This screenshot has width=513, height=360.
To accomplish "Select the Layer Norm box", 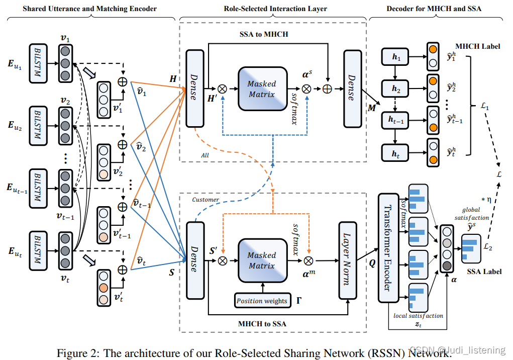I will coord(346,260).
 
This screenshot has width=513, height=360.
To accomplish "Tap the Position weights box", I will coord(262,301).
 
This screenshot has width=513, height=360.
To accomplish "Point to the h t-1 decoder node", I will coord(396,120).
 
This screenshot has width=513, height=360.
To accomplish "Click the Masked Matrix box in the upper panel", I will coord(262,89).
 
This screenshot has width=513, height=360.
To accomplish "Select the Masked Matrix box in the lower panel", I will coord(262,260).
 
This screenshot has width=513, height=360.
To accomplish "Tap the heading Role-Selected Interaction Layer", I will coord(275,9).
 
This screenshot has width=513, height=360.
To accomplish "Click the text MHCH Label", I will coord(477,46).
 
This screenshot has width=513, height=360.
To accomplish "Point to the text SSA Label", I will coord(484,271).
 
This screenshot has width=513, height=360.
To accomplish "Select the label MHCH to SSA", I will coord(262,324).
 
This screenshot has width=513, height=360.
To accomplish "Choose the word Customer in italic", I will coord(206,200).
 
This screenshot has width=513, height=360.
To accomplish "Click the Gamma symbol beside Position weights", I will coord(299,301).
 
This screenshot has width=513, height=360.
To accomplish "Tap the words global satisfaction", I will coord(471,214).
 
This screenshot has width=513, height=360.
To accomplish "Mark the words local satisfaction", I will coord(419,316).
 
